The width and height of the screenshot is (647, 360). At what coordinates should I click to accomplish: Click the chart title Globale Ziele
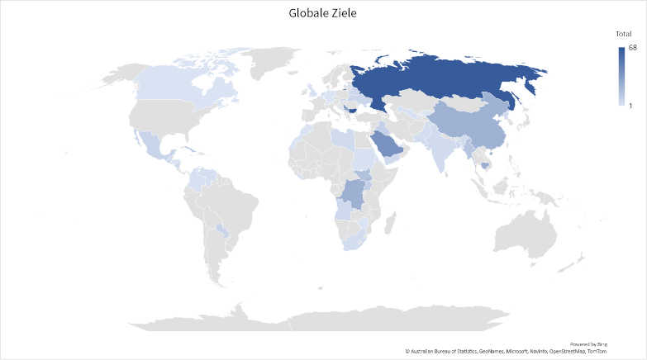pyautogui.click(x=323, y=13)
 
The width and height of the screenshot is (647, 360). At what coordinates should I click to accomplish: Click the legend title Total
pyautogui.click(x=623, y=34)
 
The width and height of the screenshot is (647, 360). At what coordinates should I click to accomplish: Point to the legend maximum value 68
pyautogui.click(x=632, y=49)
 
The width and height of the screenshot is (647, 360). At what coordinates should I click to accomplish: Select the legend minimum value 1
pyautogui.click(x=631, y=105)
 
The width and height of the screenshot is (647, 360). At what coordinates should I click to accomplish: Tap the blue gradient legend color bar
pyautogui.click(x=621, y=77)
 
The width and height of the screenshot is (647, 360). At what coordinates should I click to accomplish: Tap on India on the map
pyautogui.click(x=442, y=149)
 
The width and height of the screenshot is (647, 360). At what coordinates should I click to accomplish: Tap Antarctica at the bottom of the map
pyautogui.click(x=331, y=318)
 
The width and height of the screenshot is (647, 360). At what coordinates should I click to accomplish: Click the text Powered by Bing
pyautogui.click(x=588, y=343)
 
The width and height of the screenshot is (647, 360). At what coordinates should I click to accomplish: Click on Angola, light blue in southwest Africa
pyautogui.click(x=340, y=215)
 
